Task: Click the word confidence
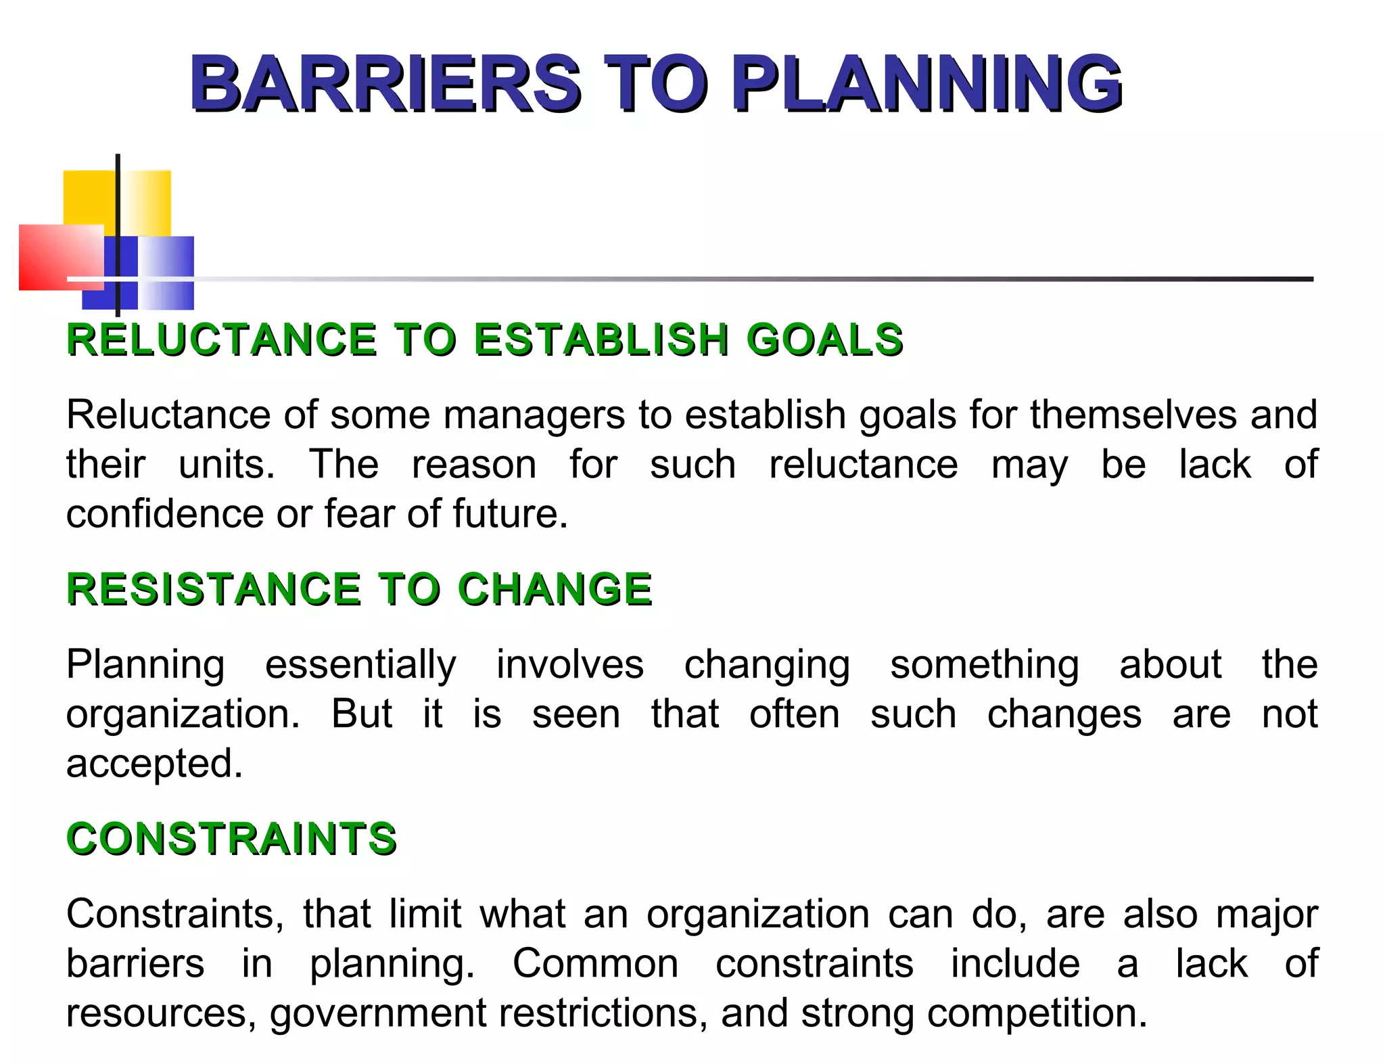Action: click(165, 513)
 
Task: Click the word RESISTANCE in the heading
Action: click(214, 588)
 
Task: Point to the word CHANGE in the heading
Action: click(555, 588)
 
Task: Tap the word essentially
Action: click(360, 664)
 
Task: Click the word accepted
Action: click(154, 764)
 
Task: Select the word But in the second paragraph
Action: click(361, 714)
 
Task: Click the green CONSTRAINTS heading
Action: click(231, 839)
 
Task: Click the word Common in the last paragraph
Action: click(595, 963)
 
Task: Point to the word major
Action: click(1267, 915)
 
